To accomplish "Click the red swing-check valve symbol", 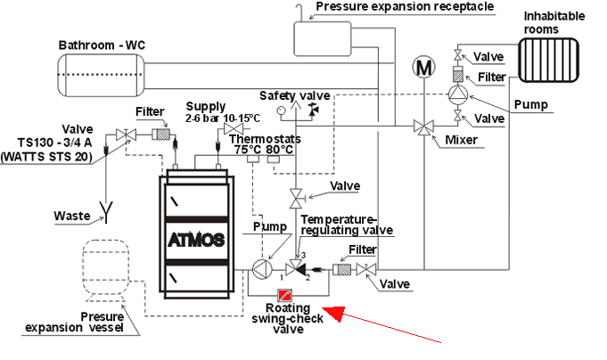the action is point(284,296).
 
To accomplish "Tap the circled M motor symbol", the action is point(424,68).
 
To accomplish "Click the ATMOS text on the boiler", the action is point(196,241).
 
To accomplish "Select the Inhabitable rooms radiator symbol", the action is point(548,60).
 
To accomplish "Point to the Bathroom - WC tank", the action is point(102,75).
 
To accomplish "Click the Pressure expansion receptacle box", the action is point(323,39).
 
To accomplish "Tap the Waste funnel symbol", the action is point(106,212).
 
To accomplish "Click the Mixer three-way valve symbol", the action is point(424,127).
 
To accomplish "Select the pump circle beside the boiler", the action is point(262,269).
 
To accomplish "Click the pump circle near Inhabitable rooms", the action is point(458,94).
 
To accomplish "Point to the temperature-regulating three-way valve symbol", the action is point(295,267).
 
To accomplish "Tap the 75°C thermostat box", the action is point(253,160).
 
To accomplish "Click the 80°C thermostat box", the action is point(274,160).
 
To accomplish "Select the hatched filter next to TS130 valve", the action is point(161,135).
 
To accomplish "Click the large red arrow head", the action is point(334,313).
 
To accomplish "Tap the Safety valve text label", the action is point(295,95).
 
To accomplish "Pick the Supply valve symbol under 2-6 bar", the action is point(234,129).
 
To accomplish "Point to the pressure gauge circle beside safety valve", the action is point(282,110).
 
